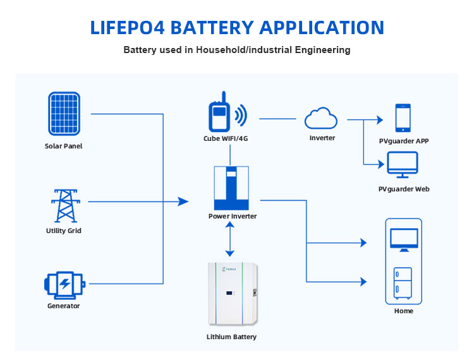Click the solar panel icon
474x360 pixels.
(x=64, y=114)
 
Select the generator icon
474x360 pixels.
(x=64, y=284)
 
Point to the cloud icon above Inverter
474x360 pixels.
(x=321, y=119)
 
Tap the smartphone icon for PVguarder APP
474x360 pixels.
(x=403, y=118)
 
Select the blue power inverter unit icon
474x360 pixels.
(x=231, y=188)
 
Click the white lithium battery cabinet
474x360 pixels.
(x=231, y=294)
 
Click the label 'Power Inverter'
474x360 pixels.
(x=232, y=216)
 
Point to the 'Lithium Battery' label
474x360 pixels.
(x=231, y=337)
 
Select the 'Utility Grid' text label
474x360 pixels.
(x=64, y=231)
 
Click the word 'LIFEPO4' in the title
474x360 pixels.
(x=130, y=27)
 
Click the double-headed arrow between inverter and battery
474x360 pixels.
(x=231, y=238)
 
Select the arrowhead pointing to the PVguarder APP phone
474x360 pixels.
(x=380, y=119)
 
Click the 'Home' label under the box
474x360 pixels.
(x=403, y=311)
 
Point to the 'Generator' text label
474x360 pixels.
(x=64, y=306)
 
